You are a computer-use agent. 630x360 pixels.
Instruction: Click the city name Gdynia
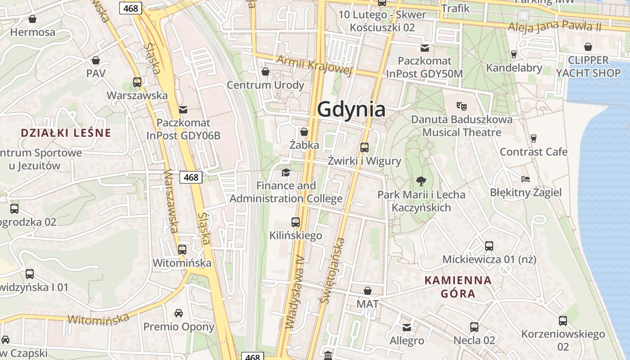351,109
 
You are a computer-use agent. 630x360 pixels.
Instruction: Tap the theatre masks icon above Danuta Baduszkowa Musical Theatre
461,106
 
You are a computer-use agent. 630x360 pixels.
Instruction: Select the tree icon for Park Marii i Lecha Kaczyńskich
421,181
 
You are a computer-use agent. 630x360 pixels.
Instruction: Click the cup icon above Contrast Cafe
534,138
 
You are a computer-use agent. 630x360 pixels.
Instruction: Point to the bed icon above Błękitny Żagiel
525,179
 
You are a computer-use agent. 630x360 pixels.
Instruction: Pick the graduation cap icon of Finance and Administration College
286,172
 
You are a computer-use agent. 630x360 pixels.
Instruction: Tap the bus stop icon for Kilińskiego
296,222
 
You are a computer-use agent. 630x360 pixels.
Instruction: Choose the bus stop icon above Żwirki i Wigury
364,147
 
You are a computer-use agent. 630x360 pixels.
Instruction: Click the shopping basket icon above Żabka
304,132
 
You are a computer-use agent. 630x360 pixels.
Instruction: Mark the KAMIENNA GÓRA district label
458,287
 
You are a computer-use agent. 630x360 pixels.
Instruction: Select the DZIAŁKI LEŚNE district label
66,133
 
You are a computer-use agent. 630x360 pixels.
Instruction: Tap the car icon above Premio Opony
179,313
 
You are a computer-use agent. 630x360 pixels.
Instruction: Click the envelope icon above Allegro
407,327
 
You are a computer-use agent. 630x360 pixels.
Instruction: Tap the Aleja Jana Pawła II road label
554,26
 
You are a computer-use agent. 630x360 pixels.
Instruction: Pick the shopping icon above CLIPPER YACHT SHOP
588,46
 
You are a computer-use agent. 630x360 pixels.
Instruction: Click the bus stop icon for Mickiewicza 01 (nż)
489,246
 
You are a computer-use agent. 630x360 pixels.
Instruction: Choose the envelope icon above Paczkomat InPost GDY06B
183,109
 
